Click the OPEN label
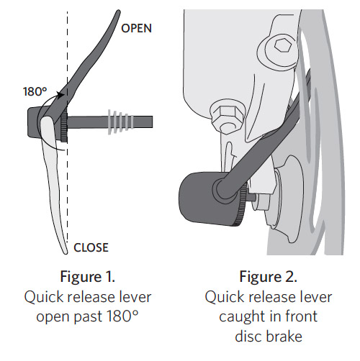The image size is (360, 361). click(136, 28)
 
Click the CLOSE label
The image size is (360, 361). click(91, 247)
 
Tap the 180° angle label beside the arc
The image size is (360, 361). click(35, 91)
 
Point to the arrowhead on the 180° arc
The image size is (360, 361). click(60, 94)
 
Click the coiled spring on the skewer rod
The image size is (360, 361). click(121, 122)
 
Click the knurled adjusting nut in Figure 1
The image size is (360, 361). click(64, 127)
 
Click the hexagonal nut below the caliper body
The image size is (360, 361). click(227, 116)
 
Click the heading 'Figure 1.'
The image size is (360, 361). click(88, 276)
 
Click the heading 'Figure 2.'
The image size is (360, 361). click(269, 276)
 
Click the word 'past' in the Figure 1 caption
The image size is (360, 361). click(88, 317)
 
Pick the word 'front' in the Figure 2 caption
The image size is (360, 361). click(302, 316)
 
